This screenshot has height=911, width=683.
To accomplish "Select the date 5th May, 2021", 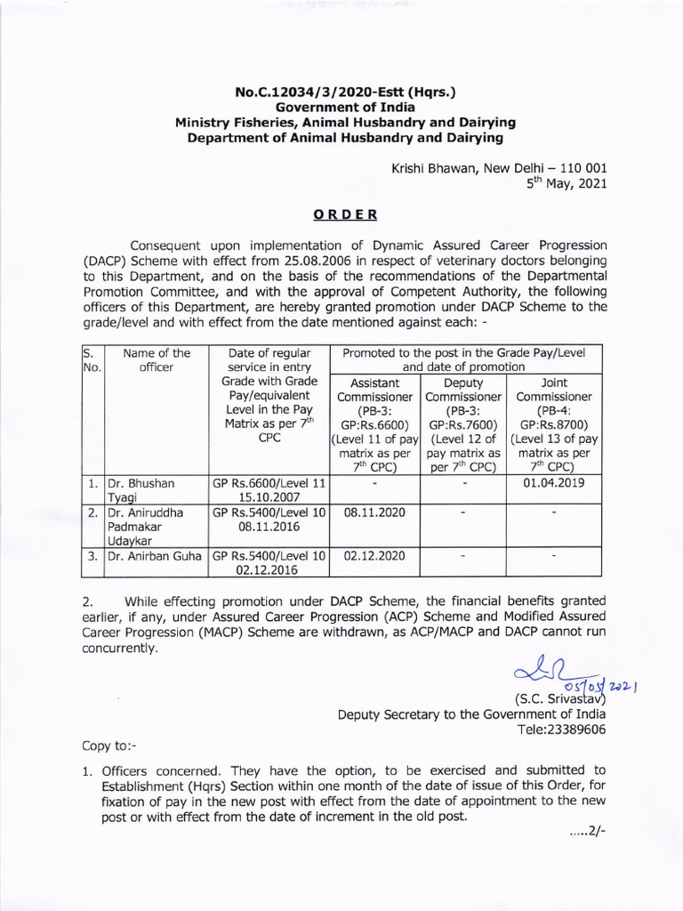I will [x=567, y=185].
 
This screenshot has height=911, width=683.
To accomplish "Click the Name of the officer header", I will [x=156, y=359].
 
